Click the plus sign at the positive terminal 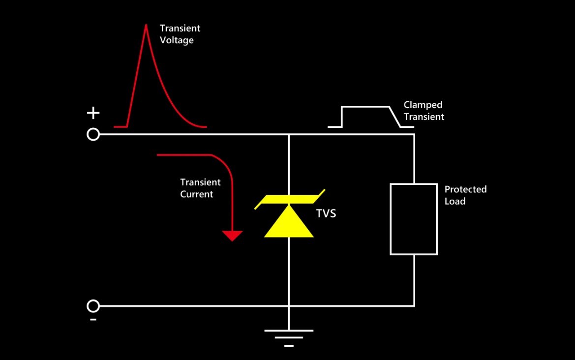[x=93, y=113]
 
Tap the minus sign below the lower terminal [x=93, y=320]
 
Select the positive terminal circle [x=93, y=135]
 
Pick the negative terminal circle [x=93, y=306]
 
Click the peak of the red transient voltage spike [x=146, y=25]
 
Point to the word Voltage [x=177, y=40]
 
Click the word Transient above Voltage [x=180, y=28]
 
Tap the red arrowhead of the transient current [x=232, y=236]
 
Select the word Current [x=197, y=194]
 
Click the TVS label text [x=326, y=213]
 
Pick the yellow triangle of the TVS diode [x=289, y=221]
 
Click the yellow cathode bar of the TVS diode [x=290, y=199]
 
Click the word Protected [x=466, y=189]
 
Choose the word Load [x=455, y=201]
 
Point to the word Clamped [x=423, y=105]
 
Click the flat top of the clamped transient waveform [x=365, y=107]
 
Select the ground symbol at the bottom [x=289, y=338]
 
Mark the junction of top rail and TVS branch [x=289, y=135]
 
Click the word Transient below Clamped [x=424, y=117]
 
